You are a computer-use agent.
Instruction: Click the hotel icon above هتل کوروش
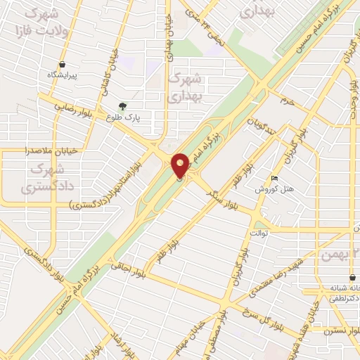[x=274, y=179]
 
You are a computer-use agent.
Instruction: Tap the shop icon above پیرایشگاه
[x=63, y=63]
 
